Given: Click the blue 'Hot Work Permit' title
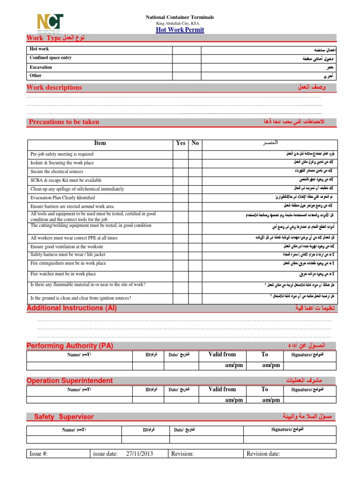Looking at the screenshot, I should point(180,30).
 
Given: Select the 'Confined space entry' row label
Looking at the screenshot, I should point(51,58).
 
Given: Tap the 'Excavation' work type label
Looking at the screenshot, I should point(41,67).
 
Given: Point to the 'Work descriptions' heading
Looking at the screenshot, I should point(54,87).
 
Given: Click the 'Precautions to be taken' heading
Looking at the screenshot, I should point(64,122).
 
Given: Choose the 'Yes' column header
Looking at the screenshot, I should point(180,143).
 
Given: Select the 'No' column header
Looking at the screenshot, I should point(195,143).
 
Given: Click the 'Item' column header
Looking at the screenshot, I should point(100,143).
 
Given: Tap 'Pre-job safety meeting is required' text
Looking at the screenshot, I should point(62,154).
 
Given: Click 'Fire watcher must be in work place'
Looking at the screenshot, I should point(63,274).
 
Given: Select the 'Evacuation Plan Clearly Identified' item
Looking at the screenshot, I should point(62,198).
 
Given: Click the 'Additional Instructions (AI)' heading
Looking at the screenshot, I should point(72,308).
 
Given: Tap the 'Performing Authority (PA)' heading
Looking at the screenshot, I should point(70,345).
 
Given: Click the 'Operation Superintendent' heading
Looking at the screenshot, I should point(69,380).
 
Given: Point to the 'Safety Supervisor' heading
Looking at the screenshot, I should point(64,417).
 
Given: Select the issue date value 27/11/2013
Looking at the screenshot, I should point(140,454).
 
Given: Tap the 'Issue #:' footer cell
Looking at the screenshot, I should point(38,454).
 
